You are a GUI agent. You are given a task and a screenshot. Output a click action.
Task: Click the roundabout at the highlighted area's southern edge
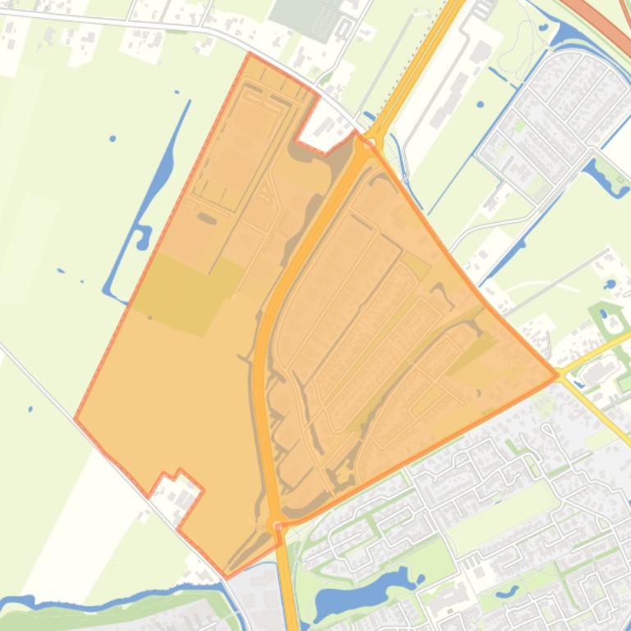[x=275, y=522]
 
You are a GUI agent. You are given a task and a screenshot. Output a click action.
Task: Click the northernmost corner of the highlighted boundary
[x=249, y=53]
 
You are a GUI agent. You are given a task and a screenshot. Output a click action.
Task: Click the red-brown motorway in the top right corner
[x=607, y=20]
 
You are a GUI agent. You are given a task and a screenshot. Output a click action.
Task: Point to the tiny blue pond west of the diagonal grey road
[x=30, y=408]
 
